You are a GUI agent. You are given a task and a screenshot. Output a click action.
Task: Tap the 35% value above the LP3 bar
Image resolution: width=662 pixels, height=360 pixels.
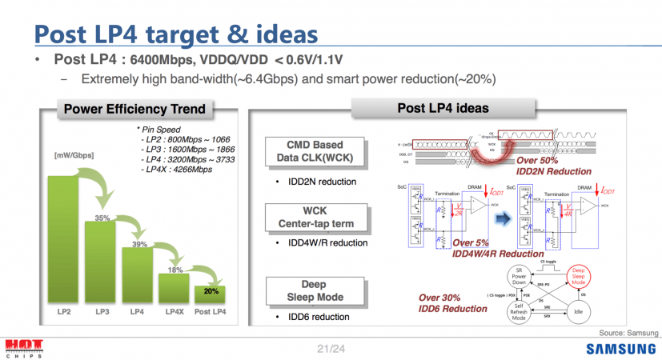point(102,217)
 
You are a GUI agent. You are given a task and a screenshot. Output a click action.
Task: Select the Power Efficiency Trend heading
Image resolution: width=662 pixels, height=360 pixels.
point(134,109)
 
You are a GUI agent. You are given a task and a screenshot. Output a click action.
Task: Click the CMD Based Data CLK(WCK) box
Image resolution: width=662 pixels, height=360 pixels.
point(315,152)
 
